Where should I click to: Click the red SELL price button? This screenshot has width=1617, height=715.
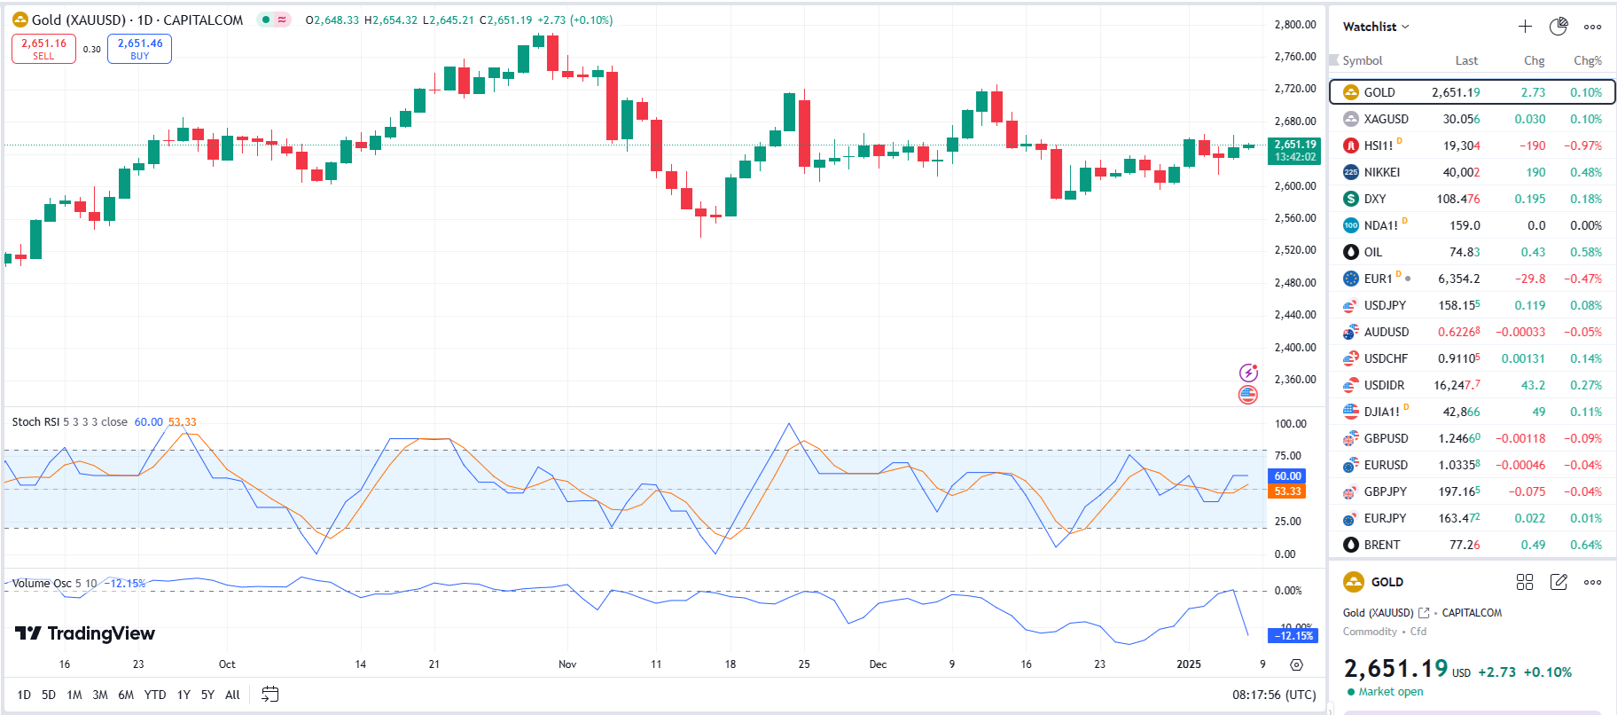click(43, 49)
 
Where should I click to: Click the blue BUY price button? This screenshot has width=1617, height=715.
click(139, 49)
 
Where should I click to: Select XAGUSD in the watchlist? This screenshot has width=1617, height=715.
click(1386, 119)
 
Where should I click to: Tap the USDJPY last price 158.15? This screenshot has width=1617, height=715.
click(1458, 305)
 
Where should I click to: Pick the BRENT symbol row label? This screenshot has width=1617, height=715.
click(1381, 545)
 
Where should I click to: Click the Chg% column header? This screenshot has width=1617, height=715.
click(1587, 60)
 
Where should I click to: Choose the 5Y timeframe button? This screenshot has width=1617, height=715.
click(207, 695)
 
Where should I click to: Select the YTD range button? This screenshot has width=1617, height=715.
click(155, 695)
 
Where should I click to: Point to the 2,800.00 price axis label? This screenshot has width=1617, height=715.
click(1294, 25)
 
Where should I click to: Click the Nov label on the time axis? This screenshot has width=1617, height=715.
click(567, 664)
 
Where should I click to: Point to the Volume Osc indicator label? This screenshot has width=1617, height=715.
click(42, 584)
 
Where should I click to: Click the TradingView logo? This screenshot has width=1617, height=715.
click(85, 633)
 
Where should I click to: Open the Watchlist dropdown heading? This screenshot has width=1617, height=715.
click(1375, 27)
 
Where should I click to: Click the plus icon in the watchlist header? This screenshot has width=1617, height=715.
click(1525, 27)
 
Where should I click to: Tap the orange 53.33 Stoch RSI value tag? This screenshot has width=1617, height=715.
click(1287, 491)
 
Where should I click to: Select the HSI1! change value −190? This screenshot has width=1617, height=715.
click(1532, 145)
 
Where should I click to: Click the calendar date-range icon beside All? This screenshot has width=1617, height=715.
click(270, 695)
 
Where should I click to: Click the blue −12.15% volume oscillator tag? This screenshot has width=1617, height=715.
click(1294, 636)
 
